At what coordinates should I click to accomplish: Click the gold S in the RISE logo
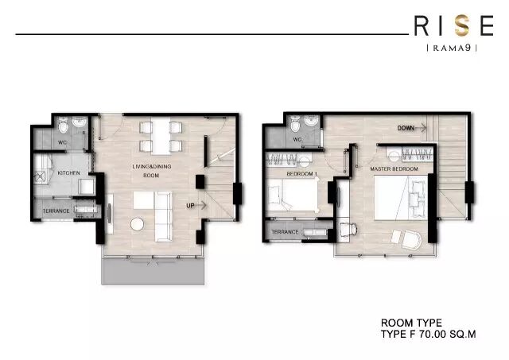(x=461, y=25)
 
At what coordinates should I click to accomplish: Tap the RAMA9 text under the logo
(x=453, y=48)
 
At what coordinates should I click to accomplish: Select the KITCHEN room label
(x=68, y=173)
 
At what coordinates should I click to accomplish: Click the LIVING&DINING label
(x=152, y=166)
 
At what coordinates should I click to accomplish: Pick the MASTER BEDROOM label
(x=394, y=169)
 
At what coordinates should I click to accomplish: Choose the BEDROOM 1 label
(x=302, y=174)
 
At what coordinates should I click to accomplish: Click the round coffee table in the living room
(x=137, y=224)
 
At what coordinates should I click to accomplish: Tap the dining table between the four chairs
(x=161, y=136)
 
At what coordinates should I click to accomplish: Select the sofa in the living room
(x=163, y=216)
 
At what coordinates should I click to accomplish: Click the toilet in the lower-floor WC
(x=63, y=126)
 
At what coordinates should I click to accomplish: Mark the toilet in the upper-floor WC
(x=295, y=123)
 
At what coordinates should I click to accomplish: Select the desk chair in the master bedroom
(x=350, y=229)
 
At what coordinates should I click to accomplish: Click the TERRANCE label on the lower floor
(x=56, y=211)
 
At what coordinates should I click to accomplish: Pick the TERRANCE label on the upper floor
(x=285, y=232)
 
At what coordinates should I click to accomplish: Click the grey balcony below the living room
(x=153, y=272)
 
